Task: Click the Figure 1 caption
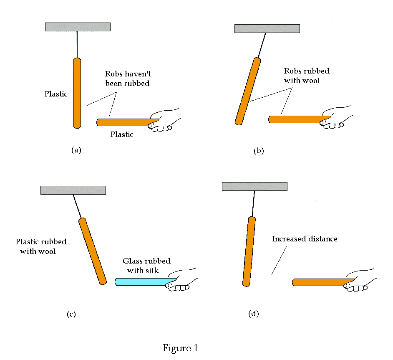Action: pyautogui.click(x=180, y=348)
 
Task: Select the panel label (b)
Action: pyautogui.click(x=259, y=151)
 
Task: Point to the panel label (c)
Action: pyautogui.click(x=71, y=314)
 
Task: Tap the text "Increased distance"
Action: pyautogui.click(x=305, y=239)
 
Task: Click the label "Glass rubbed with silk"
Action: pyautogui.click(x=146, y=266)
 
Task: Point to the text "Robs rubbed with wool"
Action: pyautogui.click(x=306, y=76)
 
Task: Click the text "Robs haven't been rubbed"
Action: pyautogui.click(x=127, y=79)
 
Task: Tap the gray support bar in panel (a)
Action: pyautogui.click(x=78, y=27)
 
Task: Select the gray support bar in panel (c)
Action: pyautogui.click(x=73, y=190)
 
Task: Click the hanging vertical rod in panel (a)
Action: pyautogui.click(x=77, y=93)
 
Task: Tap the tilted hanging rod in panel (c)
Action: pyautogui.click(x=92, y=251)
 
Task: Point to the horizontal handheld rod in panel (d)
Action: pyautogui.click(x=319, y=282)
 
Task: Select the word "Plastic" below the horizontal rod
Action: pyautogui.click(x=122, y=134)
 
